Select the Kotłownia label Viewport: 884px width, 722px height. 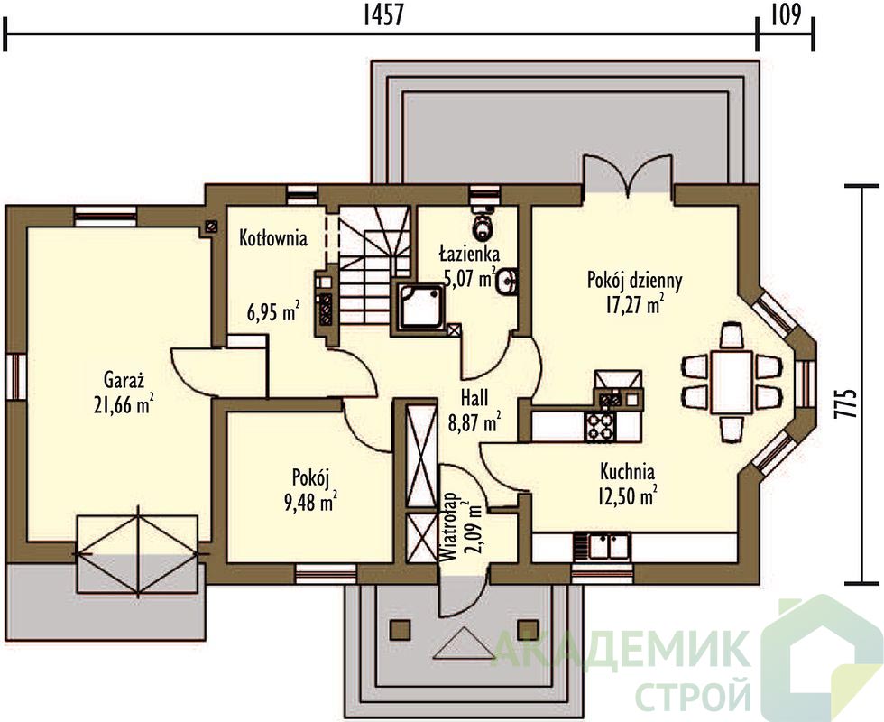point(273,238)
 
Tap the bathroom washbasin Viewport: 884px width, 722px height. point(507,281)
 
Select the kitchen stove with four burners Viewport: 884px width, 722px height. point(602,427)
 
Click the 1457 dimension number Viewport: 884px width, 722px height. point(382,15)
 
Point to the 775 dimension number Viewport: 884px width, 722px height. point(850,403)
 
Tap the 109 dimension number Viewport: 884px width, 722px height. point(786,15)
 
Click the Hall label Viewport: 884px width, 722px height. point(474,398)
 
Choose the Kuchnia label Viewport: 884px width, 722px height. point(627,470)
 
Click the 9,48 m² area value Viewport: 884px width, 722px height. point(311,502)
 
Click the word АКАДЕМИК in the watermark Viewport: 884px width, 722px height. point(622,649)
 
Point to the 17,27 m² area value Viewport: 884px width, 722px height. point(634,305)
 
